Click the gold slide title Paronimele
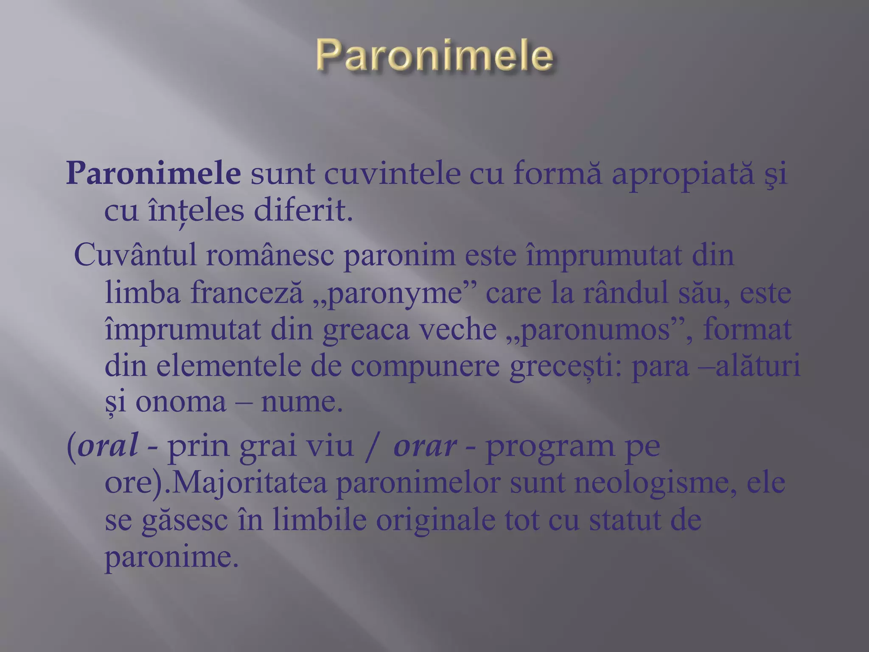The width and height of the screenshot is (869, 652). click(x=434, y=55)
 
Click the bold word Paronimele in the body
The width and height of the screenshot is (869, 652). click(x=154, y=174)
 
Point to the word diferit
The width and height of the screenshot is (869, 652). click(x=303, y=211)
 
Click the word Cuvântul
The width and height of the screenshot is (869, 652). click(x=135, y=255)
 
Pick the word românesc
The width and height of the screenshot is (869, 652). click(x=270, y=255)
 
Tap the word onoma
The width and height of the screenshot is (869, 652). click(x=181, y=402)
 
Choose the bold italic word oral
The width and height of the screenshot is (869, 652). click(x=108, y=446)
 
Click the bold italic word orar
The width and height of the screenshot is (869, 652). click(x=425, y=447)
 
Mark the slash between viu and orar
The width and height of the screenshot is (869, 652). click(x=372, y=447)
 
